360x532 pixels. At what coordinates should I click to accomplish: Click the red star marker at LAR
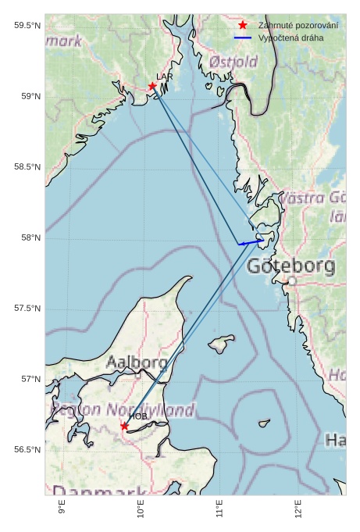point(152,86)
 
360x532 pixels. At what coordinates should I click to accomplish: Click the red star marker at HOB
point(125,426)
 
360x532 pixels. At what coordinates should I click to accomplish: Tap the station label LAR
point(164,77)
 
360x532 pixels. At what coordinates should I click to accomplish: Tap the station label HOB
point(138,416)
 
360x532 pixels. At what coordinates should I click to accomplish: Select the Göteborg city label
point(290,266)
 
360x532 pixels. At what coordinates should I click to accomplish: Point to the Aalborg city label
point(137,362)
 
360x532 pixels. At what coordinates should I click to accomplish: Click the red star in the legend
point(243,26)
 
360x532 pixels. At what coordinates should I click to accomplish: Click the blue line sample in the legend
point(243,37)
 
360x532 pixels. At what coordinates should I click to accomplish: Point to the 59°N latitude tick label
point(27,96)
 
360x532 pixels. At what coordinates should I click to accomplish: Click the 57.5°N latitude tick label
point(27,309)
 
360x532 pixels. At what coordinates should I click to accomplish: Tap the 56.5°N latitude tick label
point(27,450)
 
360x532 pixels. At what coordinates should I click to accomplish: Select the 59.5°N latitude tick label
point(27,26)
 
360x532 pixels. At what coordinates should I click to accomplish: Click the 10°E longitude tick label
point(141,510)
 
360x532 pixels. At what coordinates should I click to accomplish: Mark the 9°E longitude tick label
point(62,510)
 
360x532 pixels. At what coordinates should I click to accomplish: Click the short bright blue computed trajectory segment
point(250,242)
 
